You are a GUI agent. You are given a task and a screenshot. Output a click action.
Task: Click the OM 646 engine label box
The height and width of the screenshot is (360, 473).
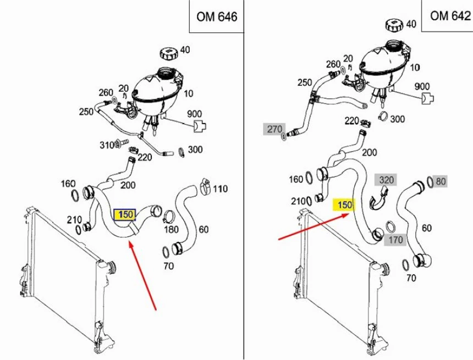217,17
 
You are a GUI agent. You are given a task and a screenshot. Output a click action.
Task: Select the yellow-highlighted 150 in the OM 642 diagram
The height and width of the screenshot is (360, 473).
345,205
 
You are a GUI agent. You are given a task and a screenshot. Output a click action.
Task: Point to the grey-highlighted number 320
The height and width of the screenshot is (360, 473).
387,180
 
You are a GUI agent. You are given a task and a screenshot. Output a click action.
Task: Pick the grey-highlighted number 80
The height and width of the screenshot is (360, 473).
441,181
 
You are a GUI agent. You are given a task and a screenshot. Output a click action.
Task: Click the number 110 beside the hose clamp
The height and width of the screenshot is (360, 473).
220,189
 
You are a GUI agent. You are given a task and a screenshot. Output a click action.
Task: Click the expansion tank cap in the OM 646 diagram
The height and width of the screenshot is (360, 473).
168,53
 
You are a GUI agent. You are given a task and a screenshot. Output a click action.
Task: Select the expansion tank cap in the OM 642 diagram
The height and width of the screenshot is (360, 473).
394,25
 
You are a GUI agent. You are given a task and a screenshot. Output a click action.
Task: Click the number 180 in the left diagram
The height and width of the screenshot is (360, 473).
171,228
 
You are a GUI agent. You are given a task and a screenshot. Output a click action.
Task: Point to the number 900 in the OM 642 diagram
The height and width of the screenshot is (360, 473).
422,86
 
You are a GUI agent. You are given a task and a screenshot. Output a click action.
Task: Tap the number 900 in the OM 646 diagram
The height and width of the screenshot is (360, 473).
195,114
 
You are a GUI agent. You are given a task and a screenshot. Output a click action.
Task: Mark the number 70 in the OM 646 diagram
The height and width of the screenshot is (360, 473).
168,266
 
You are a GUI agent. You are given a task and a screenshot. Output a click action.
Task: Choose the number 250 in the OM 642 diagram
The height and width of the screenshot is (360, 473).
305,82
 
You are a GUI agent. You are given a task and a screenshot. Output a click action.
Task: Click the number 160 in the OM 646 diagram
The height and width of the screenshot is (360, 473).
68,183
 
